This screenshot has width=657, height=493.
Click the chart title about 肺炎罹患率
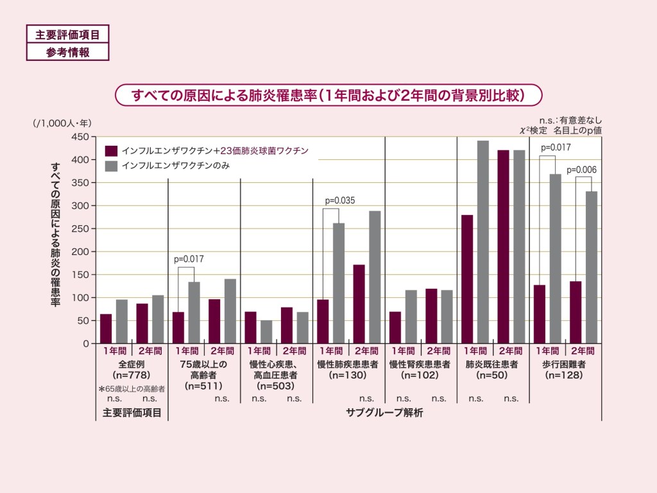coord(328,95)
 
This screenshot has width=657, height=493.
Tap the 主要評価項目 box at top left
coord(67,34)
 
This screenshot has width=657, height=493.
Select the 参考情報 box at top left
coord(67,52)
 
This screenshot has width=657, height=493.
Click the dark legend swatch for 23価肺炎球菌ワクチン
coord(111,151)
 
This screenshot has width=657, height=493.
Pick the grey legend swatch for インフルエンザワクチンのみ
coord(111,166)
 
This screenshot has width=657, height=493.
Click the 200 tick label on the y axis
coord(80,252)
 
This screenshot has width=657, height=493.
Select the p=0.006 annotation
coord(581,169)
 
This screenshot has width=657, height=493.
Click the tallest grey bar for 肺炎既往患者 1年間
coord(483,242)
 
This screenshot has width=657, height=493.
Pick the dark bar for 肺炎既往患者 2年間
coord(504,246)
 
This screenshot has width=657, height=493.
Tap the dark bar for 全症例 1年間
coord(106,329)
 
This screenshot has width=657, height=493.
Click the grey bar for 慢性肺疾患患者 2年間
coord(375,277)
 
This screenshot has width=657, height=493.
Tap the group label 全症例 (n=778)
coord(131,369)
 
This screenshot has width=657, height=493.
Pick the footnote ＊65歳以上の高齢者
coord(132,388)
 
